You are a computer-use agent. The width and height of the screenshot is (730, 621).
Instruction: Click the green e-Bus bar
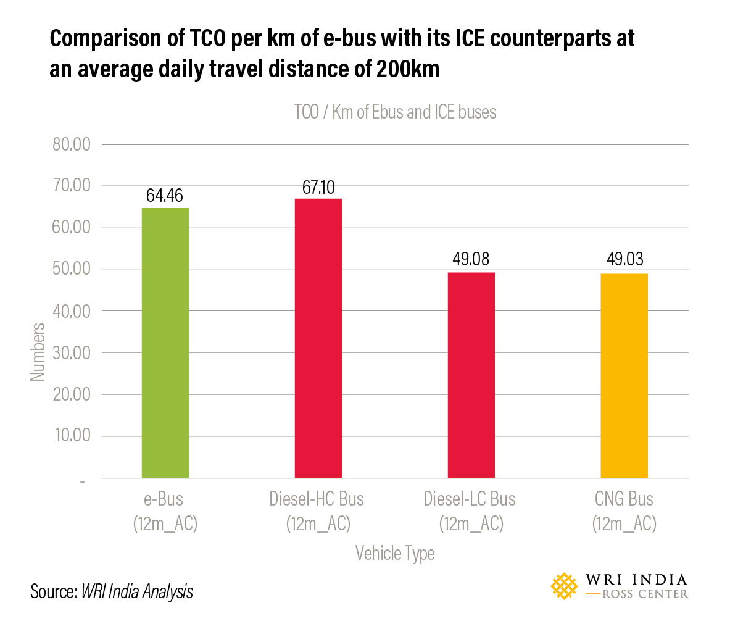(x=165, y=343)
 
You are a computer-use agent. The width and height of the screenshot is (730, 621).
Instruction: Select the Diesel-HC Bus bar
(x=318, y=338)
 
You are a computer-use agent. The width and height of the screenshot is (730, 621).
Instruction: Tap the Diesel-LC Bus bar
(x=471, y=375)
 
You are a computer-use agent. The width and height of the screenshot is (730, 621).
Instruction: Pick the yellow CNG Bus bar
(x=624, y=375)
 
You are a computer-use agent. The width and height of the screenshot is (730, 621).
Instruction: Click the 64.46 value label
(x=165, y=196)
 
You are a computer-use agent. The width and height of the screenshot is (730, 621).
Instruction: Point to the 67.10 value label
(x=318, y=187)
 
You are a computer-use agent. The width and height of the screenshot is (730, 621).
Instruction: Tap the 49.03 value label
(x=624, y=260)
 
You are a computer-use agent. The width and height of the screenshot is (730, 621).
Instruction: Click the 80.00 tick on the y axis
(x=69, y=145)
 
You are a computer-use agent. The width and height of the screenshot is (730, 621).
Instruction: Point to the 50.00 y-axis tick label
(x=69, y=270)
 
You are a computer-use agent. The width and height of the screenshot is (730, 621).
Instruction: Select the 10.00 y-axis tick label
(x=69, y=436)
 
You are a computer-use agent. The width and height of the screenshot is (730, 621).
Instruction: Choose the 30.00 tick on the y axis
(x=69, y=353)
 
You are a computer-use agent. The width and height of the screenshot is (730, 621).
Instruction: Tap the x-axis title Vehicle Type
(x=394, y=553)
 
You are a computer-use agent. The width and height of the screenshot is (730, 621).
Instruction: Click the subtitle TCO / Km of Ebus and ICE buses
(x=395, y=112)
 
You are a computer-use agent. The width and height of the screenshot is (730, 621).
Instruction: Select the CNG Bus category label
(x=624, y=499)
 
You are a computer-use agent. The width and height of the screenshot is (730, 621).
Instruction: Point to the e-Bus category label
(x=165, y=499)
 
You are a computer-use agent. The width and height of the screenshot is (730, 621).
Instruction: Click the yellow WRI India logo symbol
(x=565, y=586)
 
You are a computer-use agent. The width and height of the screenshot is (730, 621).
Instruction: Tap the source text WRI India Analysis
(x=137, y=592)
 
